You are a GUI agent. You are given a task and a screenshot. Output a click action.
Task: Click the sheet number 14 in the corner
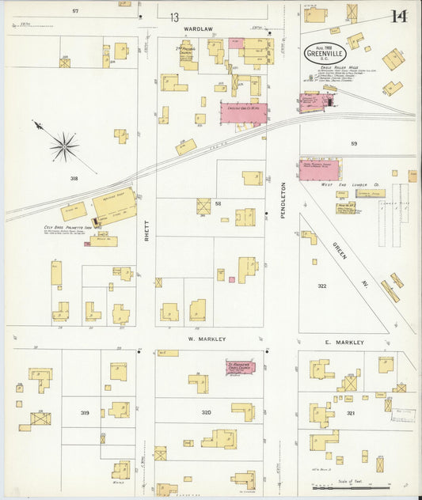tap(398, 16)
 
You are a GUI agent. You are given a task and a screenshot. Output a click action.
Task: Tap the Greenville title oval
tap(326, 54)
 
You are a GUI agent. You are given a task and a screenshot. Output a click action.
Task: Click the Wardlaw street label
tap(199, 28)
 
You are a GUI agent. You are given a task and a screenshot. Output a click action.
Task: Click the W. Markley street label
tap(207, 339)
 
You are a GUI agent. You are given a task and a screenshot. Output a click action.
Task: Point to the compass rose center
tap(63, 146)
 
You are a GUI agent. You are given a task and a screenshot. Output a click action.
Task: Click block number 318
tap(74, 179)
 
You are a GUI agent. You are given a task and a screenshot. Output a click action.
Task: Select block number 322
tap(321, 286)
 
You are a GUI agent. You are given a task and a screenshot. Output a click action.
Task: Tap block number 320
tap(206, 412)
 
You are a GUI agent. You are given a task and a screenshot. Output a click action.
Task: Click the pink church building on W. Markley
tap(240, 368)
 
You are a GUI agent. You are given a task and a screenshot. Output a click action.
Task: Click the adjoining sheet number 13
tap(173, 17)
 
